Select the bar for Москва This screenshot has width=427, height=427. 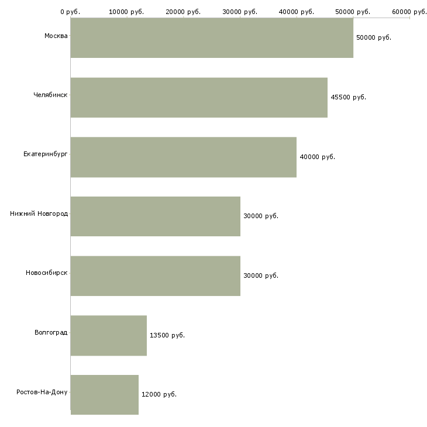pos(212,38)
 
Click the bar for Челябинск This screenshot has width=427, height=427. pos(199,98)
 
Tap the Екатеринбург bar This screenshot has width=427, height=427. pos(184,157)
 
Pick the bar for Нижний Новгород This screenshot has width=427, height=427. pos(156,216)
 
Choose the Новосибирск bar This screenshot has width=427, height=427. pos(156,276)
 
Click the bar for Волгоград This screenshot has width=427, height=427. pos(109,336)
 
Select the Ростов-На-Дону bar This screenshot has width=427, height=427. pos(105,395)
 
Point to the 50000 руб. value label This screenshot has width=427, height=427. pos(373,37)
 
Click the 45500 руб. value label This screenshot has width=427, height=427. pos(348,97)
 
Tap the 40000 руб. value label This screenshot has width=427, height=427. pos(317,157)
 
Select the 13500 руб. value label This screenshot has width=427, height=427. pos(167,335)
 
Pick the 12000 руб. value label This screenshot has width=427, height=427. pos(159,395)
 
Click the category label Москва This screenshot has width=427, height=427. pos(56,36)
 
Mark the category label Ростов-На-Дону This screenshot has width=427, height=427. pos(42,392)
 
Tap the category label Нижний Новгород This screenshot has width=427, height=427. pos(39,214)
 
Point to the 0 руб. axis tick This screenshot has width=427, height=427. pos(70,12)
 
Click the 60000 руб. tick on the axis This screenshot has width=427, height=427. pos(409,12)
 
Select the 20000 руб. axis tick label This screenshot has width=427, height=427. pos(184,12)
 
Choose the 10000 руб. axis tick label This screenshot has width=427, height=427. pos(127,12)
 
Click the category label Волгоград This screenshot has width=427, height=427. pos(51,333)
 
